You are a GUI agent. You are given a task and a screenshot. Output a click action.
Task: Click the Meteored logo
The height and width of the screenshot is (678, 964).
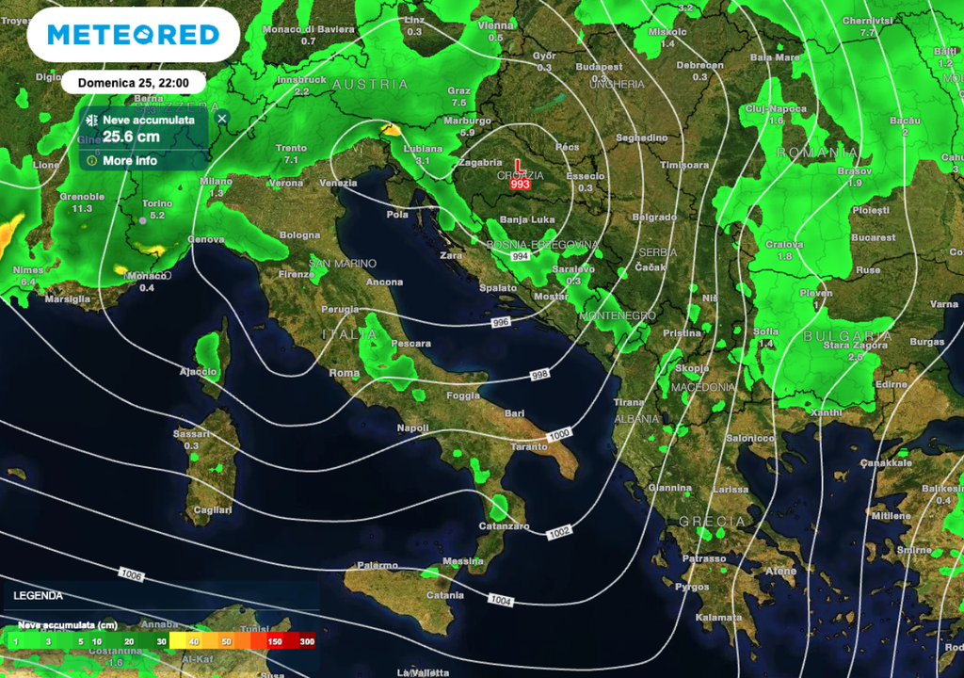[133, 35]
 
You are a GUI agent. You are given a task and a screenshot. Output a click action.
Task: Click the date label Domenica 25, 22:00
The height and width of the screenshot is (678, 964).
[133, 82]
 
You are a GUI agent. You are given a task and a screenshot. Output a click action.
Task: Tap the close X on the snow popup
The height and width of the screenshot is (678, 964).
[222, 119]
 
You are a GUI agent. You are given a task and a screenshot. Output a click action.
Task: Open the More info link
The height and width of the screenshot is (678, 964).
[130, 160]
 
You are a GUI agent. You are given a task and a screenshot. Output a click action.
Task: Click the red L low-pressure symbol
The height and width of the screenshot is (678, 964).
[519, 167]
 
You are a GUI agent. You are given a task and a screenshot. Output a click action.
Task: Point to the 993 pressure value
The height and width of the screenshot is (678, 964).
[520, 185]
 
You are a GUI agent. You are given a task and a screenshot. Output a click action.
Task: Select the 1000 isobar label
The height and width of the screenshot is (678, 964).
[559, 434]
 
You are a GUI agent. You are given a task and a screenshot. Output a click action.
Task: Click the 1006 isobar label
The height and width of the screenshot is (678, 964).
[132, 573]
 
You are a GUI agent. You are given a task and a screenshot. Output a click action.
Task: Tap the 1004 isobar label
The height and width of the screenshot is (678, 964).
[501, 600]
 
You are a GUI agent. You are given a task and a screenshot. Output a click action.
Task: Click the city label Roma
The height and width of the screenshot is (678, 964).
[345, 373]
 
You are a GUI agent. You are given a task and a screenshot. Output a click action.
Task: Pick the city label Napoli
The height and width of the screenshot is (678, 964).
[413, 428]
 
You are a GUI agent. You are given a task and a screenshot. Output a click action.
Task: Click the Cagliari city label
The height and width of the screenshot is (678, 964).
[212, 509]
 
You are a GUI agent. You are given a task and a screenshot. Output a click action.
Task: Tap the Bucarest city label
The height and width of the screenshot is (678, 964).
[874, 237]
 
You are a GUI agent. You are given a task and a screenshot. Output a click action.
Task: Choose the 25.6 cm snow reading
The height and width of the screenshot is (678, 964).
[131, 137]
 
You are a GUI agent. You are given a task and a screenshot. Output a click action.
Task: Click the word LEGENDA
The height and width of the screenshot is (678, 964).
[39, 595]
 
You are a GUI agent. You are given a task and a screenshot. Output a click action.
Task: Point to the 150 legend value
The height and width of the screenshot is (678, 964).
[275, 641]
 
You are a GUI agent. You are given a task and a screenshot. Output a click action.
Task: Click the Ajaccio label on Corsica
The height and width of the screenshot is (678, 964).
[199, 371]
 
